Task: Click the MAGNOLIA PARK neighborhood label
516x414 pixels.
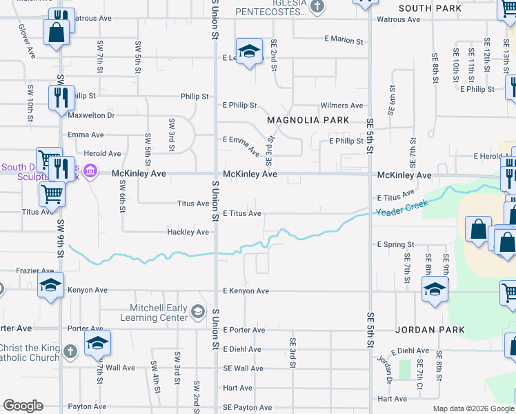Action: pos(309,120)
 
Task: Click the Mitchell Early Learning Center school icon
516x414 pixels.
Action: pos(199,313)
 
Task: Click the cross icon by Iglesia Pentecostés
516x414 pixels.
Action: pos(317,7)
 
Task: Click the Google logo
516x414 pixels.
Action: pos(23,406)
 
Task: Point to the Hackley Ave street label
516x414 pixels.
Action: pos(188,233)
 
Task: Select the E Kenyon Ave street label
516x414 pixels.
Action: pos(246,291)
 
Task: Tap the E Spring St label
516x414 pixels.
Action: pos(395,245)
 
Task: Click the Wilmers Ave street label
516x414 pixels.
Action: pos(341,106)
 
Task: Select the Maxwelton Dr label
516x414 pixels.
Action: pos(90,115)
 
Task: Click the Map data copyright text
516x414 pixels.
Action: pos(473,408)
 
